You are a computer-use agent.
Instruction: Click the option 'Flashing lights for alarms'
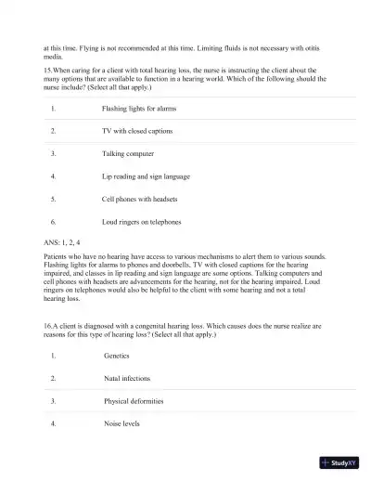139,109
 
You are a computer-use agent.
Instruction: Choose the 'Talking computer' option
128,153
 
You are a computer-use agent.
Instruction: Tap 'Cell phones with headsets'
139,199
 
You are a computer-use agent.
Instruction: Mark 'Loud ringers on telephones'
141,222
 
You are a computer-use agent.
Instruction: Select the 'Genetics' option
116,356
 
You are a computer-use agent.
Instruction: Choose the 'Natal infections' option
127,379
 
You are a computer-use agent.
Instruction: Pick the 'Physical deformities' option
134,401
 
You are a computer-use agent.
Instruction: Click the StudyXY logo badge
338,462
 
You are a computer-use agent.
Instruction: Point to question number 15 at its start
48,69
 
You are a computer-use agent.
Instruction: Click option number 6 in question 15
54,222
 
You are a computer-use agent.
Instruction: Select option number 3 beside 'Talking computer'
54,153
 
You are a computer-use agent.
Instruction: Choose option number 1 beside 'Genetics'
54,356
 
